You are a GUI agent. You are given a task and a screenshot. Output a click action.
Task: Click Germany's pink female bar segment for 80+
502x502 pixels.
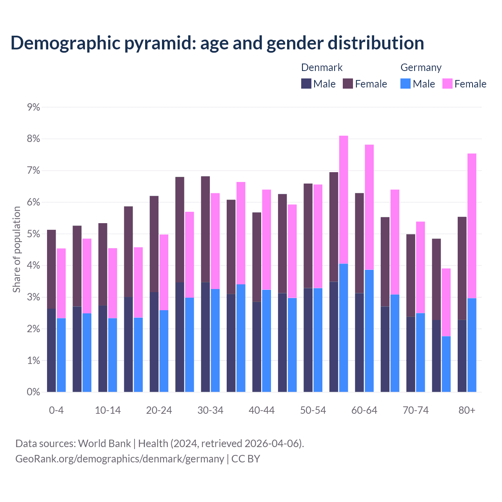[472, 226]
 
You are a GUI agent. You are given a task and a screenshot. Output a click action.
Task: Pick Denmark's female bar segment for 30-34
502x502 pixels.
[206, 229]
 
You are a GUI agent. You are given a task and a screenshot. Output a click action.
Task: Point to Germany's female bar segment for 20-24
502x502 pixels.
[164, 272]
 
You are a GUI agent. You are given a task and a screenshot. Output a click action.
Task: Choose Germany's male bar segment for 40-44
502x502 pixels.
[266, 341]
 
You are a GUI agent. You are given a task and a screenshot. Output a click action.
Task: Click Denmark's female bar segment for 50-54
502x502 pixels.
[308, 236]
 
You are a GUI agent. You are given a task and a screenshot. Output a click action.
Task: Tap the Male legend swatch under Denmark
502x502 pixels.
[306, 84]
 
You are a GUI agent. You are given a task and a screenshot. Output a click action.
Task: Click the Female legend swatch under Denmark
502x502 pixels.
[348, 84]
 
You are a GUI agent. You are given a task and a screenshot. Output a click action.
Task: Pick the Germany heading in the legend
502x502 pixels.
[421, 67]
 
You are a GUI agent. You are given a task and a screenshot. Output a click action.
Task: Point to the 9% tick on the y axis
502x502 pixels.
[34, 107]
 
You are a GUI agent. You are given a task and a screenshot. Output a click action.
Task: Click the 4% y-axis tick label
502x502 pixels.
[34, 266]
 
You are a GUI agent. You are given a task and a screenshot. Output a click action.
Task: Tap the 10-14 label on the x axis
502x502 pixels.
[108, 410]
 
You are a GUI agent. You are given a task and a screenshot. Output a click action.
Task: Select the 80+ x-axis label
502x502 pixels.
[467, 410]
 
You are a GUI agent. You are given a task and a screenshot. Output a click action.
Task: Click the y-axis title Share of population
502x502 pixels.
[16, 249]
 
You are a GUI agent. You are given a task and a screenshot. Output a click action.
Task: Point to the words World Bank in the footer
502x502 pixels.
[104, 444]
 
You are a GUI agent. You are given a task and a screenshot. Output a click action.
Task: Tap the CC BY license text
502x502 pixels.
[246, 459]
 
